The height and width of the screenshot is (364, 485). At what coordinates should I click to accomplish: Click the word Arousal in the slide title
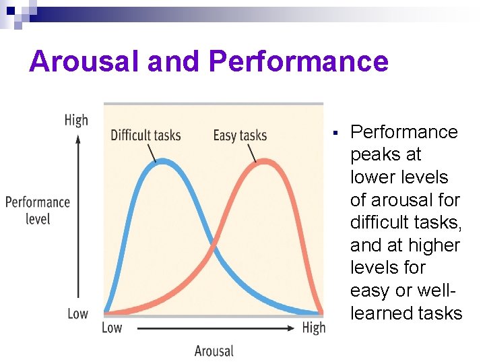pyautogui.click(x=84, y=61)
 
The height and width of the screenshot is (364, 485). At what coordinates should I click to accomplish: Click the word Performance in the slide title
pyautogui.click(x=298, y=61)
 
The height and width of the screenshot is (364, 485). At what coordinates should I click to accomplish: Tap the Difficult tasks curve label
pyautogui.click(x=145, y=135)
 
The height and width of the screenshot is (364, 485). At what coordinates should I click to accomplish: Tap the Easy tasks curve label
pyautogui.click(x=240, y=135)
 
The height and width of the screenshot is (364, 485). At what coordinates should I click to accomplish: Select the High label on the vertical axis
pyautogui.click(x=76, y=120)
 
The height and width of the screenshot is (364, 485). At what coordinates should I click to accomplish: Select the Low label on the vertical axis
pyautogui.click(x=77, y=313)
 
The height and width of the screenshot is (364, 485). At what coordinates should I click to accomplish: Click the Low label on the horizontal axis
pyautogui.click(x=112, y=328)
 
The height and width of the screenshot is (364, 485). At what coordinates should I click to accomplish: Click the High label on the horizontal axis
pyautogui.click(x=313, y=328)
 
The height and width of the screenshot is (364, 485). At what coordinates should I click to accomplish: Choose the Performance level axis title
pyautogui.click(x=38, y=210)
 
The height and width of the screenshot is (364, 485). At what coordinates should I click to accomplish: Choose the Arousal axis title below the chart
pyautogui.click(x=214, y=351)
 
